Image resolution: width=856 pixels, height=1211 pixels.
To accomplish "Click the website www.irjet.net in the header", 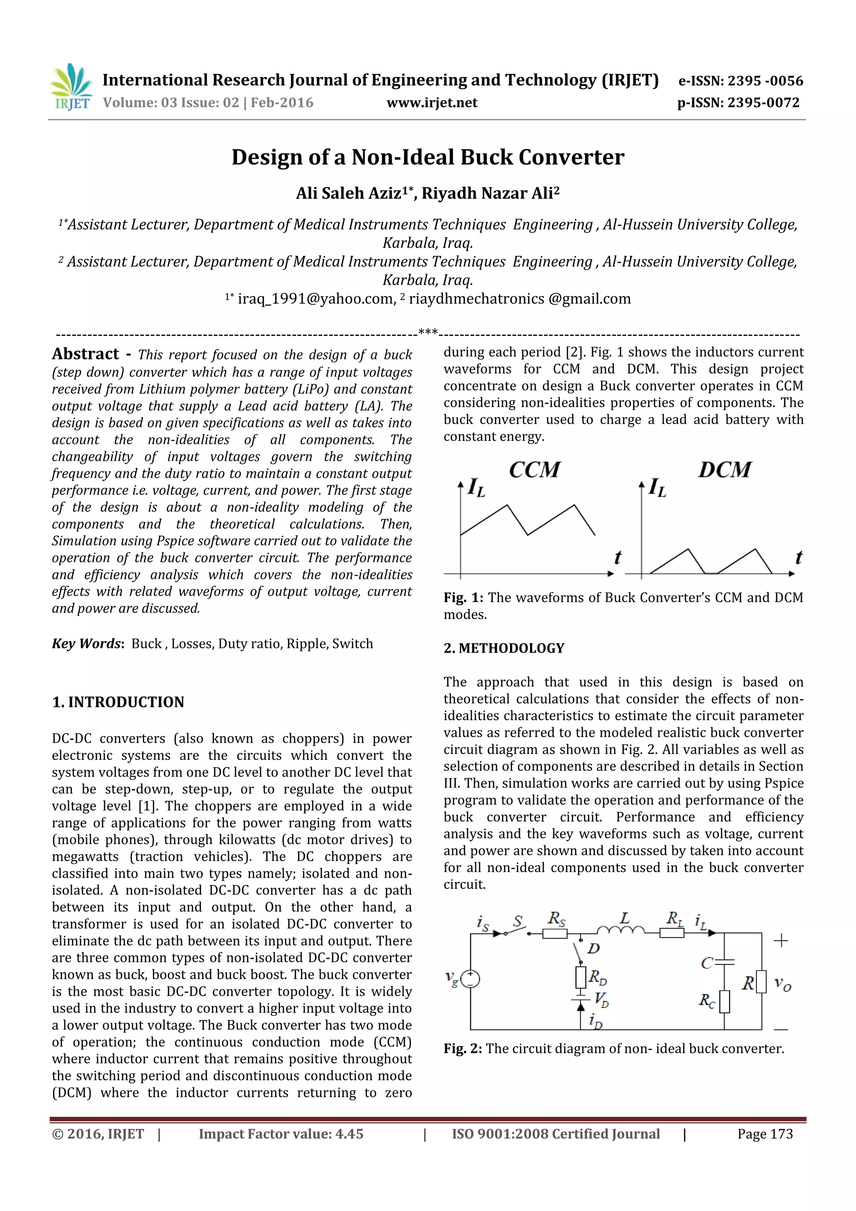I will click(x=431, y=103).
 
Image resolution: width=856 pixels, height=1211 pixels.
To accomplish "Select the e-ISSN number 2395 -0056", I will click(x=765, y=81).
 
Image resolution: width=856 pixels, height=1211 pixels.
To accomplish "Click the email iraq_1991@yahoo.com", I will click(x=316, y=299).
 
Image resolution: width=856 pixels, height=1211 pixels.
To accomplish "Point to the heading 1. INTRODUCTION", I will click(x=118, y=702).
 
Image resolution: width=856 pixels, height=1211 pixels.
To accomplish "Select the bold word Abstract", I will click(x=85, y=354).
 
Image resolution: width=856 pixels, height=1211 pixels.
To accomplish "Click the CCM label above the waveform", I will click(x=534, y=469).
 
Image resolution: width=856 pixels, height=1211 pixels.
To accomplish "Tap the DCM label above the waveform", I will click(x=725, y=469).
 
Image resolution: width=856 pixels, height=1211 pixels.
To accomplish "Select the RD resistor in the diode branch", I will click(x=581, y=977).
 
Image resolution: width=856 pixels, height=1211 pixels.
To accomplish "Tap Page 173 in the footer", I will click(x=765, y=1134).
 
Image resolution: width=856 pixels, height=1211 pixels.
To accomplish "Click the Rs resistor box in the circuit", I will click(x=555, y=933).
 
